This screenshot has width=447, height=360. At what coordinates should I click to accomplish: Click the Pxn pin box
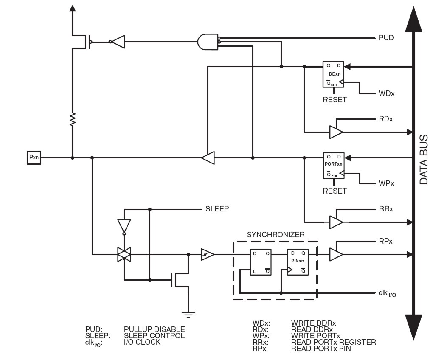[34, 158]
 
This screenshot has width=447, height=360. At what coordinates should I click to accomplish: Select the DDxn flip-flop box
[334, 75]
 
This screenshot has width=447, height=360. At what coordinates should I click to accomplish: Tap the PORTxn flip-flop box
[334, 166]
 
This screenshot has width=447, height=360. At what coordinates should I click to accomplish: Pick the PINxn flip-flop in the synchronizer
[298, 261]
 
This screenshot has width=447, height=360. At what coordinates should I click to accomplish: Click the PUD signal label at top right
[386, 38]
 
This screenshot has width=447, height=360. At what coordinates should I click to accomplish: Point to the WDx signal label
[386, 93]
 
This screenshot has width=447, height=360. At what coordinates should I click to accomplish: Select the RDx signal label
[386, 119]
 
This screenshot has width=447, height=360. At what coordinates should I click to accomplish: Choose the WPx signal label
[386, 184]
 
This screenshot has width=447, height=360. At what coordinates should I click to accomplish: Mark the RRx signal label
[386, 209]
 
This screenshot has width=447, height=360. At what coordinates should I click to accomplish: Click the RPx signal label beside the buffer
[386, 241]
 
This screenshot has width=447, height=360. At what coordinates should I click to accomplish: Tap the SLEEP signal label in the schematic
[217, 209]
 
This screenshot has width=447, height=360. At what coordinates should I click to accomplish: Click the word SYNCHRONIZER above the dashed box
[276, 234]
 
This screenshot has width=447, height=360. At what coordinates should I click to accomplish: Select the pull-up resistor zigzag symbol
[73, 119]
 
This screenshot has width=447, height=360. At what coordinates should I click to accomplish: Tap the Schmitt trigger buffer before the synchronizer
[207, 254]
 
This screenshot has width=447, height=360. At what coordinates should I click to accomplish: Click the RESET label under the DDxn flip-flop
[335, 100]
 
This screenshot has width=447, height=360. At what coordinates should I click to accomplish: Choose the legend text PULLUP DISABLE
[154, 329]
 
